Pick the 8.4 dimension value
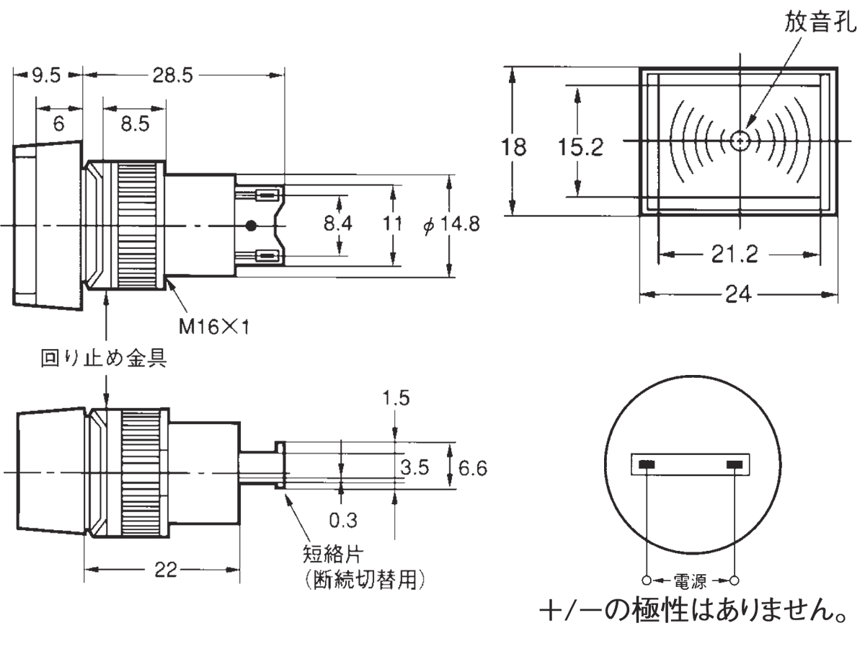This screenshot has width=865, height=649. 337,224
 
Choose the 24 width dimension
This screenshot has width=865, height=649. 740,294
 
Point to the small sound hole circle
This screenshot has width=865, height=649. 740,141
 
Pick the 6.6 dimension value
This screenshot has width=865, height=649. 473,469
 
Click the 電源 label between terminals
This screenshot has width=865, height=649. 691,580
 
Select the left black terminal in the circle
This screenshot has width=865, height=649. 647,464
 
